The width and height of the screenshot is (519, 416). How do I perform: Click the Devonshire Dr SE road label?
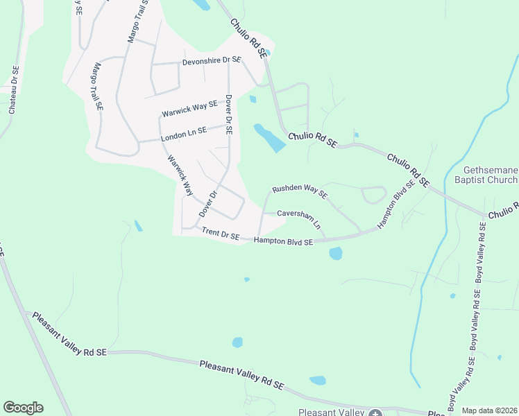click(x=211, y=61)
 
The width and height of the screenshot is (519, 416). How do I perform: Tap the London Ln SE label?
click(x=184, y=135)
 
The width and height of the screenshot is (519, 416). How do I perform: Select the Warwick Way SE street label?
click(x=189, y=108)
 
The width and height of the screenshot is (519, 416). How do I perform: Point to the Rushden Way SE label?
click(x=299, y=189)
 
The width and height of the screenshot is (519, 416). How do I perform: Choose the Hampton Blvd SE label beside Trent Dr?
click(x=283, y=241)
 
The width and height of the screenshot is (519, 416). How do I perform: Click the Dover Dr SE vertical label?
click(x=228, y=115)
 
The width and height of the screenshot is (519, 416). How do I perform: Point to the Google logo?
click(x=23, y=408)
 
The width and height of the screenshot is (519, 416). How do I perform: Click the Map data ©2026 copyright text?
click(x=489, y=410)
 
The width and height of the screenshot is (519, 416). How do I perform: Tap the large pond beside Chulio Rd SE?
click(x=269, y=137)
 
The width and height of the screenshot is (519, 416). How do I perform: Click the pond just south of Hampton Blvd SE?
click(x=336, y=253)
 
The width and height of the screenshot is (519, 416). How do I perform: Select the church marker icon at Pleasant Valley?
click(x=375, y=413)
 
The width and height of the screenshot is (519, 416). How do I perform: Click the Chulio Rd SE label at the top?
click(x=248, y=37)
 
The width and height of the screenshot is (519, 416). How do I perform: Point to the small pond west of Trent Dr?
click(x=138, y=225)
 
